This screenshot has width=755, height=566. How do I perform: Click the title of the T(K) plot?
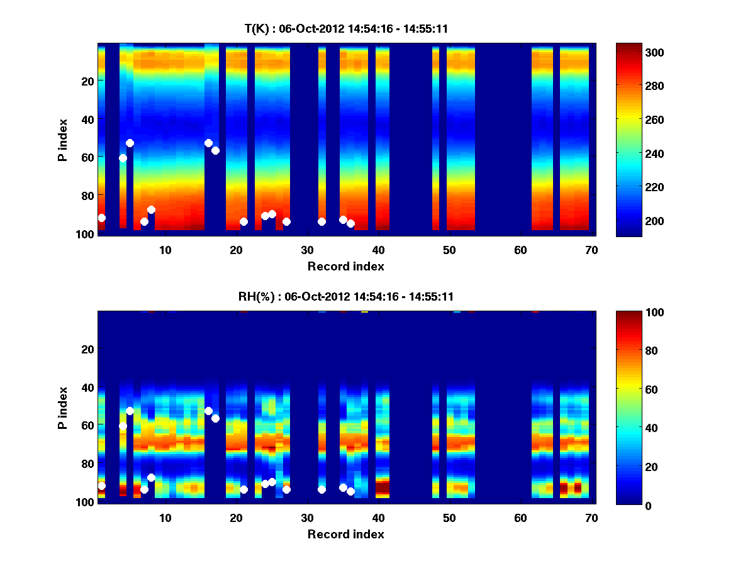point(345,29)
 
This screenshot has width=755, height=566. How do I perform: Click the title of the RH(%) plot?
point(345,297)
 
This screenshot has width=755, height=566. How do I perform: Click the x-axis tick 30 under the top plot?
point(307,250)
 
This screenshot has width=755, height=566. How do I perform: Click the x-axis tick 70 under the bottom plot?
point(591,518)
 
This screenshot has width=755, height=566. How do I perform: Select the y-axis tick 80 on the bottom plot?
point(86,463)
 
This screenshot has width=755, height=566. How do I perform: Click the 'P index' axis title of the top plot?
point(62,139)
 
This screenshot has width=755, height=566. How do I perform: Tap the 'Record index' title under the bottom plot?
point(345,534)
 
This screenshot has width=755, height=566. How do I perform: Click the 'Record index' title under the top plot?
point(345,266)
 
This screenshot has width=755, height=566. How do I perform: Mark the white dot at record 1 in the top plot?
point(102,218)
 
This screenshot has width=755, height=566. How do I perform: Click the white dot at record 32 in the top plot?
point(322,221)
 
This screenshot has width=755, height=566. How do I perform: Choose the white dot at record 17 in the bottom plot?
point(215,418)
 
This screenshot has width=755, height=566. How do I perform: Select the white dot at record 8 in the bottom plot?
point(151,477)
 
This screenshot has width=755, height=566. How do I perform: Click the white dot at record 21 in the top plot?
point(243,221)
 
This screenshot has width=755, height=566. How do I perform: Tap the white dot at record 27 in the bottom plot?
point(286,489)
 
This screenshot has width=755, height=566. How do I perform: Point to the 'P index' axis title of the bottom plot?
point(62,407)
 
